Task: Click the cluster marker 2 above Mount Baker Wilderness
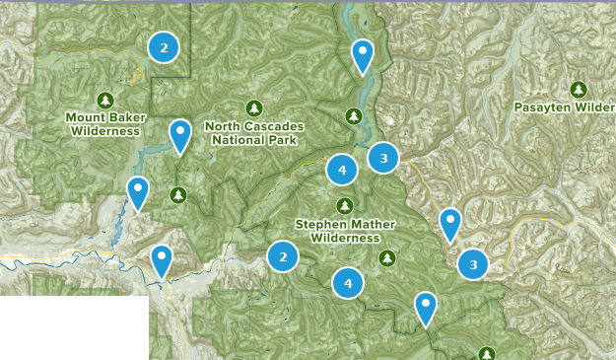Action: pos(164,46)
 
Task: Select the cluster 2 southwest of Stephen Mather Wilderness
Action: pos(283,256)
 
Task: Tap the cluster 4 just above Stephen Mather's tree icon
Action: pos(342,170)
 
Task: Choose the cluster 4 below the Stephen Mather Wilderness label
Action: pos(347,284)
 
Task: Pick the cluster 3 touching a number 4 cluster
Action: pos(383,157)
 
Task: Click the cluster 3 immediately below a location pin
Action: pos(474,263)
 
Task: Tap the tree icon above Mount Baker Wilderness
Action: pos(105,100)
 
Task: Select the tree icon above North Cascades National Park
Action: pos(254,108)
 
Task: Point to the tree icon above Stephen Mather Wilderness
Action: pos(344,205)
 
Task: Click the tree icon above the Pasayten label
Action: pos(578,89)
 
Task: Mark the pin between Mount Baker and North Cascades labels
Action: pos(179,135)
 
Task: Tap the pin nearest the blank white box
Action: pos(161,260)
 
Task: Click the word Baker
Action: pos(122,117)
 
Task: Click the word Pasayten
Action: pos(543,107)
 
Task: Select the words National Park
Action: pos(254,140)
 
